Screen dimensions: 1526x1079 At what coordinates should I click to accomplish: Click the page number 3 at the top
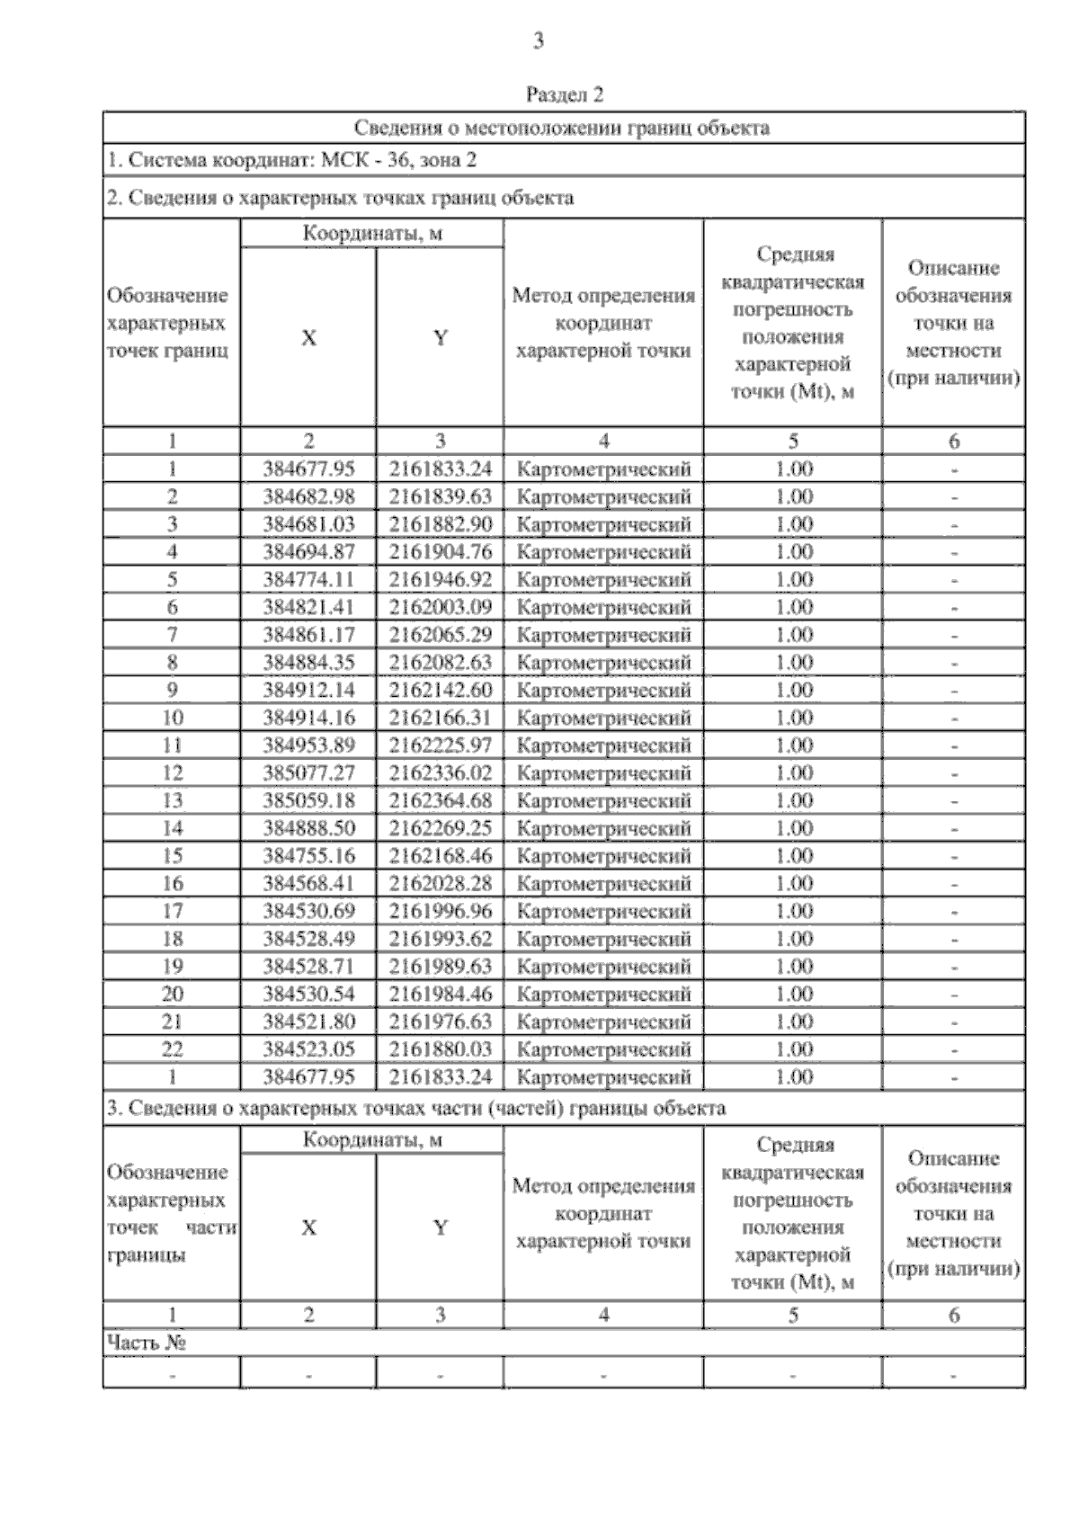[x=538, y=41]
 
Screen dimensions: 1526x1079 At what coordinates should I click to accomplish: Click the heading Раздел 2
[x=564, y=94]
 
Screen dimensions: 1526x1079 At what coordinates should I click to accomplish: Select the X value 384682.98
[x=308, y=496]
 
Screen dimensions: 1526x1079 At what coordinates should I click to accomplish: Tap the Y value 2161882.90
[x=441, y=524]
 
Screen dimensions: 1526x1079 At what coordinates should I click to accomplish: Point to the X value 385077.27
[x=308, y=773]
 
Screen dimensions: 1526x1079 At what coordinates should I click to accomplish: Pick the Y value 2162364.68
[x=441, y=800]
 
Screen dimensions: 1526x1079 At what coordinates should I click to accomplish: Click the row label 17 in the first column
[x=172, y=911]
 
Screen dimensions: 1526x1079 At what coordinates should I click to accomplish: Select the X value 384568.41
[x=308, y=884]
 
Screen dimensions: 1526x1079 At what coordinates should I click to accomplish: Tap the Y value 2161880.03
[x=441, y=1049]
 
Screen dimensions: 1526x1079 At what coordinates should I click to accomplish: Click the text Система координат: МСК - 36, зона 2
[x=292, y=161]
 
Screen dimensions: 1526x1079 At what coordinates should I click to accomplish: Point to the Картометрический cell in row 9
[x=603, y=691]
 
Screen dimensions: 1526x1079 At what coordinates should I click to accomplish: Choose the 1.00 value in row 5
[x=793, y=580]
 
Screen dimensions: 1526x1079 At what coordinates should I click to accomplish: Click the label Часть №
[x=147, y=1343]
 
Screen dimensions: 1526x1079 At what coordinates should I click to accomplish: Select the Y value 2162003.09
[x=441, y=607]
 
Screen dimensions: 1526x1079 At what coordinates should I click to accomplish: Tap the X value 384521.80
[x=308, y=1022]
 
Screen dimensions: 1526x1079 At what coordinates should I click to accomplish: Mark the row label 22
[x=172, y=1049]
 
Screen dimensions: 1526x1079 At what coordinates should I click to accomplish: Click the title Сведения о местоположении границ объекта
[x=562, y=128]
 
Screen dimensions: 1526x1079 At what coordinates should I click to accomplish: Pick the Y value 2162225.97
[x=441, y=745]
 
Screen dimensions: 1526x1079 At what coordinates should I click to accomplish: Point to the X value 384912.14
[x=308, y=691]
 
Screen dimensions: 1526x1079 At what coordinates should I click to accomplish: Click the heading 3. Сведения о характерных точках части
[x=415, y=1108]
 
